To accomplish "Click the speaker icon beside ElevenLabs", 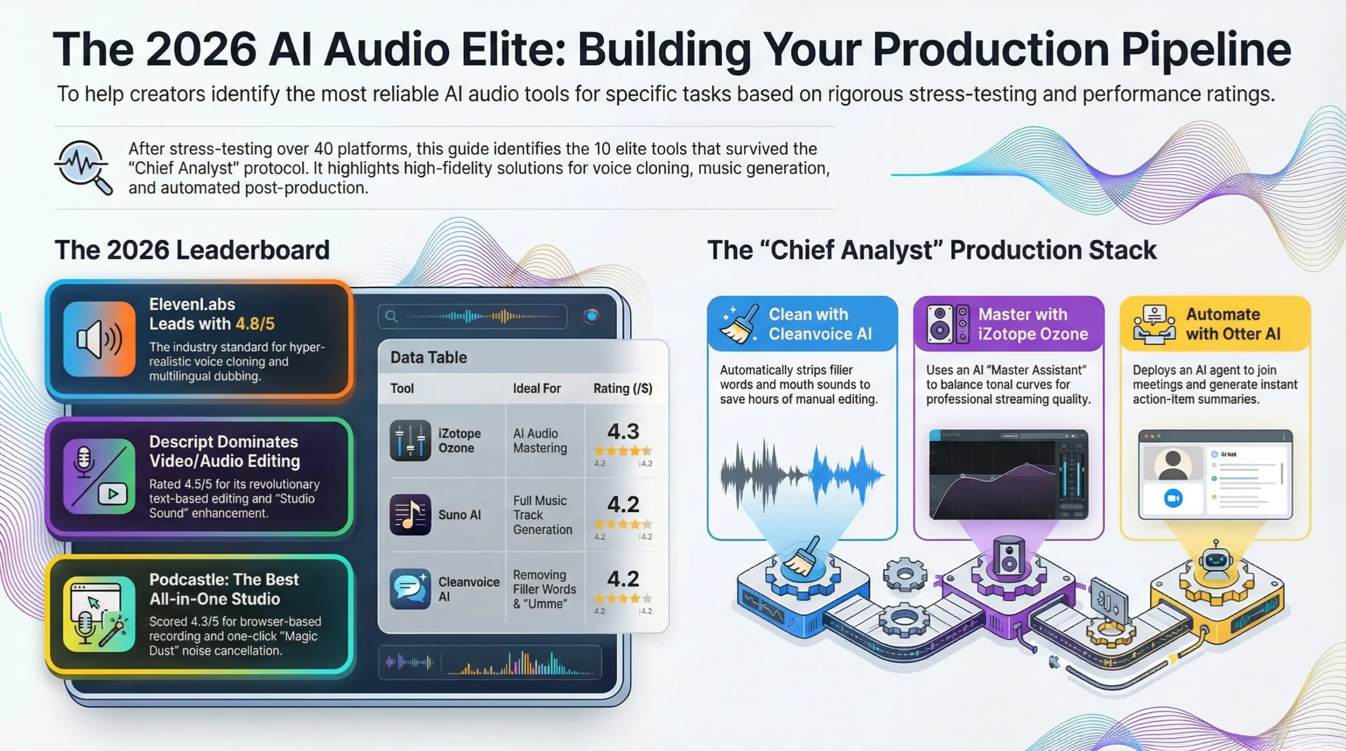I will point(99,339).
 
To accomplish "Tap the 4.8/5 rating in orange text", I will point(255,324).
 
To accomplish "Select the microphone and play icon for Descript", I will point(99,476).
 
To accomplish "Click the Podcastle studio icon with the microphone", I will point(99,614).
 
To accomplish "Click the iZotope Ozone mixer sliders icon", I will point(410,440).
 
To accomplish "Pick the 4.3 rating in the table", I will point(623,432).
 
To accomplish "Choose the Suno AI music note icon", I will point(410,515).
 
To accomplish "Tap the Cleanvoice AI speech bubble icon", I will point(410,589).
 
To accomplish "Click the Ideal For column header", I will point(537,388).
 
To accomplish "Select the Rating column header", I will point(623,388).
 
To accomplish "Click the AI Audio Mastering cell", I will point(540,440).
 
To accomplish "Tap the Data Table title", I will point(429,357).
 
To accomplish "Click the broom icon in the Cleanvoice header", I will point(740,324).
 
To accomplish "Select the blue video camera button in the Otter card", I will point(1173,498).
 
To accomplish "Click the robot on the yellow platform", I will point(1216,560).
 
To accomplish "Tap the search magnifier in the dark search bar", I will point(391,316).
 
